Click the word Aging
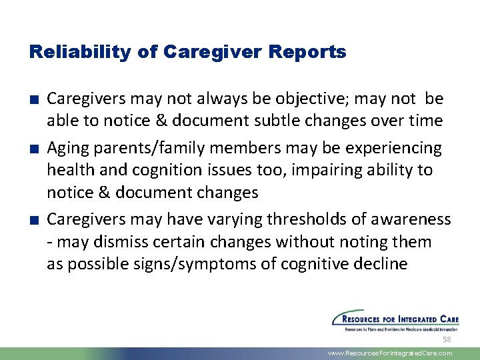(67, 147)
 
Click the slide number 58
(447, 339)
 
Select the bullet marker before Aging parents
(33, 148)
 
